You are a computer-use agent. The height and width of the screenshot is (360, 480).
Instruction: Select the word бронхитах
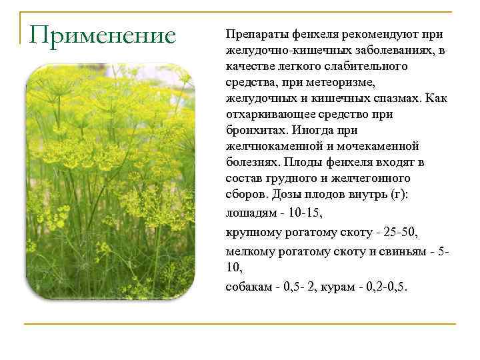click(253, 130)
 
